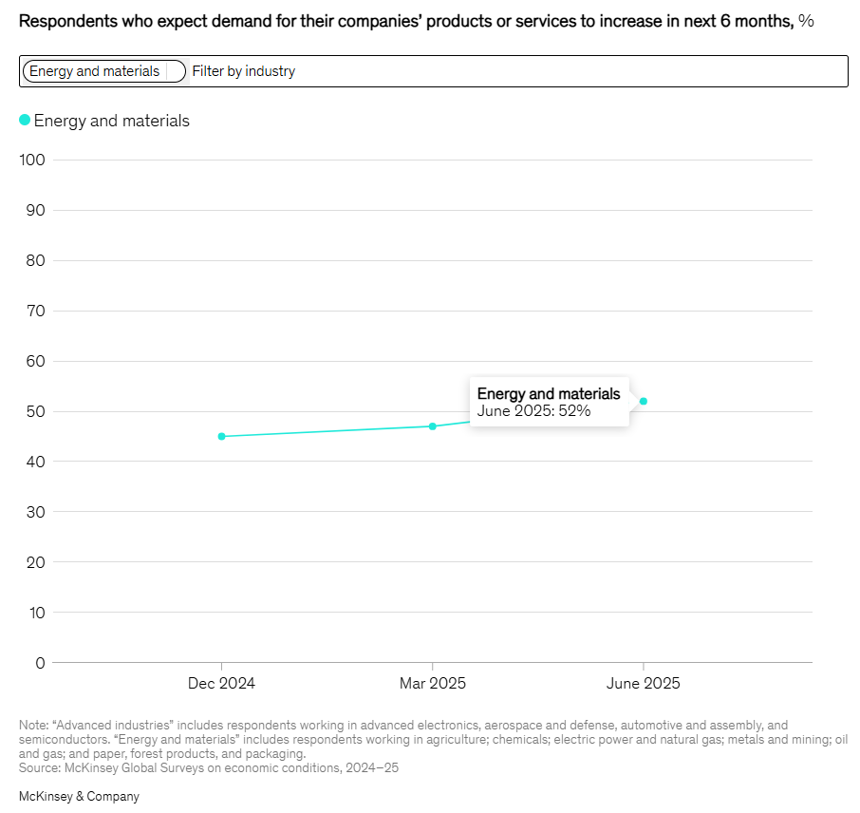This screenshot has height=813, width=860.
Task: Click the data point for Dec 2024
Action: point(221,437)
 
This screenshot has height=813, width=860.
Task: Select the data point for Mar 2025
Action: point(433,426)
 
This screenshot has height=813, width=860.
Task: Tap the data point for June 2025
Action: point(644,401)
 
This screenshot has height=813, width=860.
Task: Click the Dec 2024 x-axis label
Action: point(221,684)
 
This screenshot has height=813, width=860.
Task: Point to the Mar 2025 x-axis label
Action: point(433,684)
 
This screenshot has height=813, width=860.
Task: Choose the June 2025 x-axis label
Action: point(644,684)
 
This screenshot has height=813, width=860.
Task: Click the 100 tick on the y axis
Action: point(32,160)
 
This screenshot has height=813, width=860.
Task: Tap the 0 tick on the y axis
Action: point(40,663)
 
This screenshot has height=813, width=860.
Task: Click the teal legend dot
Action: point(25,120)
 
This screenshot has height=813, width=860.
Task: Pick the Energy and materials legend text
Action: point(112,121)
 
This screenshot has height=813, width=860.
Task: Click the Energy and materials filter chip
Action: point(95,71)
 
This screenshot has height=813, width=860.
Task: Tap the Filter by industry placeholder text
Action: point(244,71)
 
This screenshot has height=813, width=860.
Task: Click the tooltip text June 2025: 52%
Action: point(533,411)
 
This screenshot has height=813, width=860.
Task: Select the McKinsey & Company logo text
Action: point(79,797)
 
